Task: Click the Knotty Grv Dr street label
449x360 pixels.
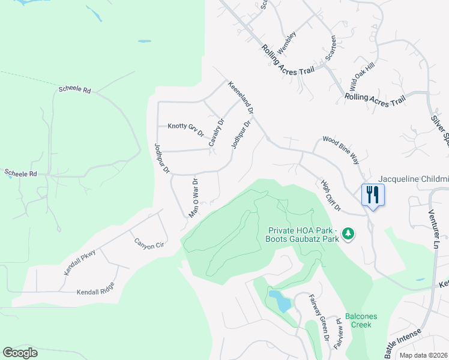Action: coord(185,127)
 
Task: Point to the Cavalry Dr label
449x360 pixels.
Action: coord(216,132)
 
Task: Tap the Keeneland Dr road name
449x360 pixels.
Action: coord(241,99)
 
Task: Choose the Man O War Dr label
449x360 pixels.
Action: coord(194,198)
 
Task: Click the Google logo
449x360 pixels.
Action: coord(20,352)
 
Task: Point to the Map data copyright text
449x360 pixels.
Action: coord(423,355)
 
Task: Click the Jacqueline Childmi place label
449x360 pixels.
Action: coord(414,179)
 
